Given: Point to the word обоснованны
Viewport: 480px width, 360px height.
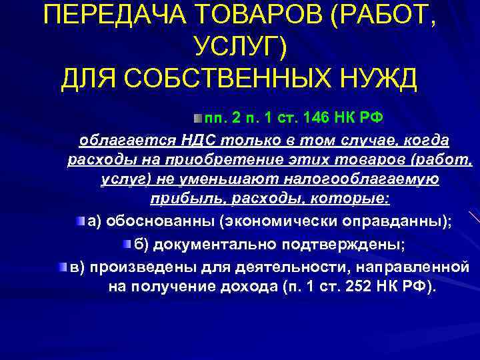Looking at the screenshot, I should click(169, 223).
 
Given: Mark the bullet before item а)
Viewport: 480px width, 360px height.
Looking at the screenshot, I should click(81, 221).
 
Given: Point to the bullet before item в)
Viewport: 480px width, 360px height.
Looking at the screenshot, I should click(62, 267).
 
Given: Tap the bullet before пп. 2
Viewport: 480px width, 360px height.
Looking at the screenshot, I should click(197, 118).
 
